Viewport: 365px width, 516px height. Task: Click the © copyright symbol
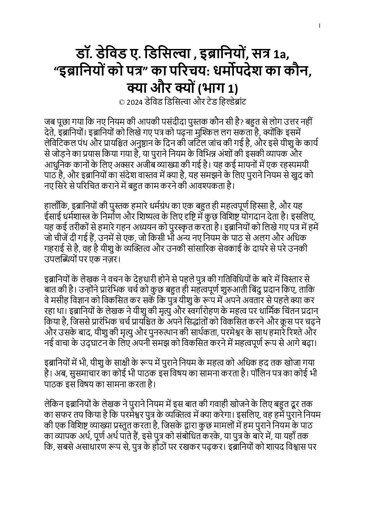(x=121, y=102)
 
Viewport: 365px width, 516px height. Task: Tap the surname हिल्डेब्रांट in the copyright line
(x=229, y=102)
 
